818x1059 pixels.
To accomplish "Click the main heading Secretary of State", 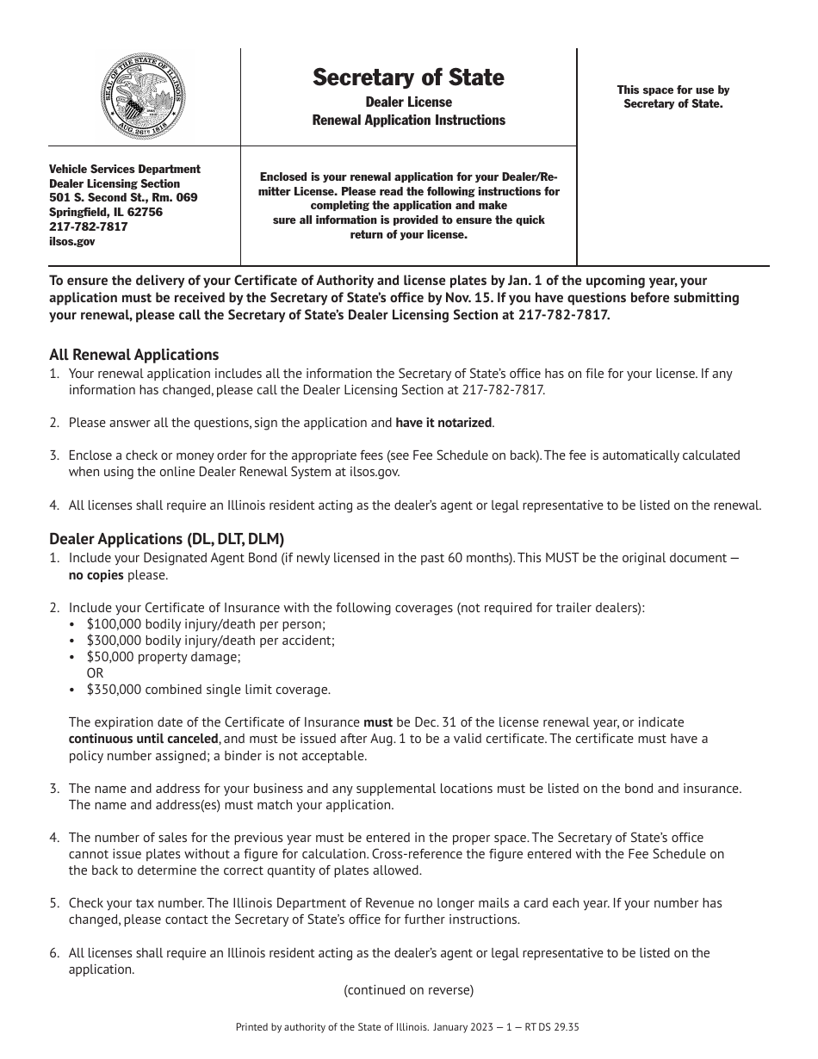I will pos(408,77).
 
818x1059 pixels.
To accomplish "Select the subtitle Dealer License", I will pos(408,102).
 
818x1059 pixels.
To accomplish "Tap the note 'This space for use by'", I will pos(672,90).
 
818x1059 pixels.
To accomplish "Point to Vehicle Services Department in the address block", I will pos(125,170).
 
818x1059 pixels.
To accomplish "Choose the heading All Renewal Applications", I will pos(133,355).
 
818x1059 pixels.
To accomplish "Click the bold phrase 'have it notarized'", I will pos(443,423).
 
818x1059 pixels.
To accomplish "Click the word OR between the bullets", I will pos(96,672).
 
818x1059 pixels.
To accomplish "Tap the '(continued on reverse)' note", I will pos(408,990).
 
